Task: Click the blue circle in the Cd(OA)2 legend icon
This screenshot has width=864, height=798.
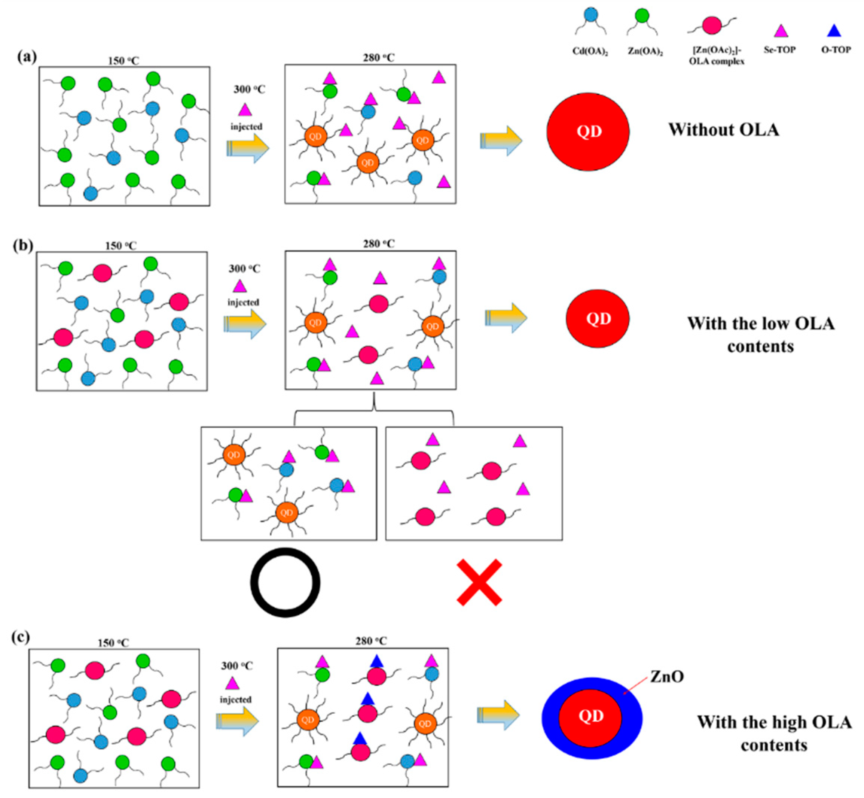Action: pos(590,15)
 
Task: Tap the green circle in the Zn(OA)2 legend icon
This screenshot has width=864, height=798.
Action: pos(642,16)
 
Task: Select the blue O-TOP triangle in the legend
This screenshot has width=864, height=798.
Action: pos(834,31)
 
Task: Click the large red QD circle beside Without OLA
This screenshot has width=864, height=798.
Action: pos(588,132)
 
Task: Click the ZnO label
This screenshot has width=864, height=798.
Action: pos(667,676)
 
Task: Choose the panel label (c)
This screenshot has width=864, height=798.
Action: pos(20,637)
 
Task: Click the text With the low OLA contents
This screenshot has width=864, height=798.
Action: pos(760,335)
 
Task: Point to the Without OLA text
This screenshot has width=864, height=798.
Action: pos(724,130)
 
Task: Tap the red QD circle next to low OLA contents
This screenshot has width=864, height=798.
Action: pos(598,319)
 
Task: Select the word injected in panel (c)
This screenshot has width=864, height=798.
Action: pos(235,700)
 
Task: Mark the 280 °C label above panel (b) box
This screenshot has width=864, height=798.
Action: pos(378,244)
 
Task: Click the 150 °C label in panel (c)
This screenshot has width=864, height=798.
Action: pos(113,643)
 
